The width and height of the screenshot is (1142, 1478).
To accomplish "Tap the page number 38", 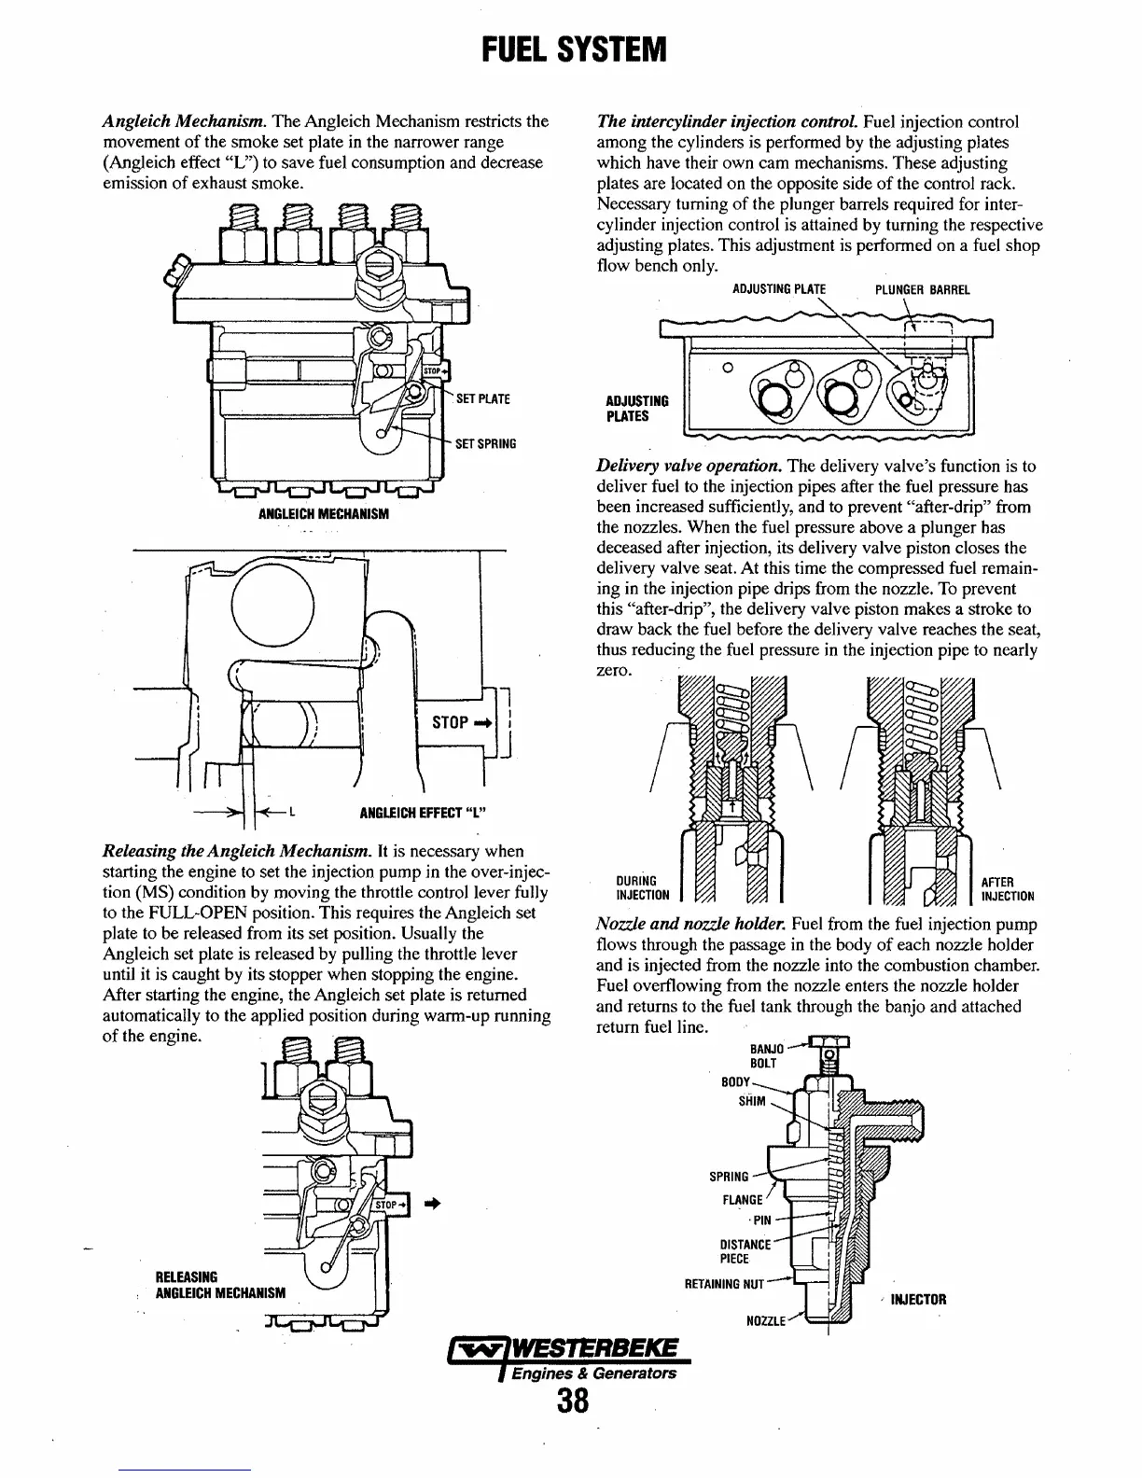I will pos(571,1401).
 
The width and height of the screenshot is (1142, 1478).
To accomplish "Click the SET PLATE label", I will pos(482,399).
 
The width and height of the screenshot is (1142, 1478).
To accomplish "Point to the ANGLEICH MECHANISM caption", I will pos(323,514).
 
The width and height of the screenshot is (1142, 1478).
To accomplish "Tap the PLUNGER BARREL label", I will pos(922,289).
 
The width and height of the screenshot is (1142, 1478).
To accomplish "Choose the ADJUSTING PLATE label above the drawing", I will pos(779,289).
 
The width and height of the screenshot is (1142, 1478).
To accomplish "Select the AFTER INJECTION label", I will pos(1007,889).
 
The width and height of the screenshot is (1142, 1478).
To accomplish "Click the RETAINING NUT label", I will pos(724,1284).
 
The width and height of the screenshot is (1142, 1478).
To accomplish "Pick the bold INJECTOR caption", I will pos(918,1300).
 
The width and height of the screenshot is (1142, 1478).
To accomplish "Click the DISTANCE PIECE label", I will pos(745,1251).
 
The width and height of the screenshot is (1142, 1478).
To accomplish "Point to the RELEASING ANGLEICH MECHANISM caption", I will pos(220,1284).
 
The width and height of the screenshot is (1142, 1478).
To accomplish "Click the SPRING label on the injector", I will pos(729,1177).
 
